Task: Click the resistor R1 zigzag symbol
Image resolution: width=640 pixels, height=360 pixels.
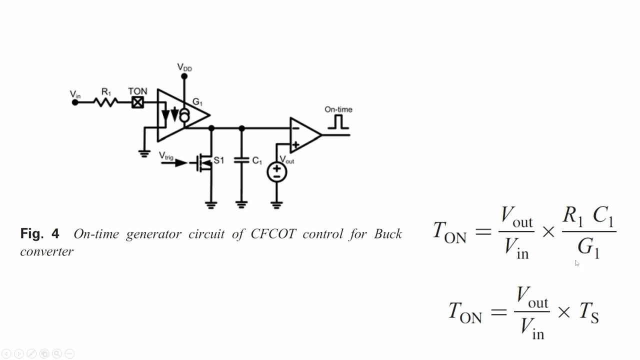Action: coord(105,102)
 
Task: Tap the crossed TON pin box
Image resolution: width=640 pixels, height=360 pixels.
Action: coord(137,102)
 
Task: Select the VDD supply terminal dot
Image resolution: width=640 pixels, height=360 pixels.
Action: coord(184,76)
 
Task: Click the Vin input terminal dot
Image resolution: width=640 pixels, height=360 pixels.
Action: coord(75,102)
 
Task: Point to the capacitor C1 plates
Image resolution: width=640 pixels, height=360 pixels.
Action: coord(241,160)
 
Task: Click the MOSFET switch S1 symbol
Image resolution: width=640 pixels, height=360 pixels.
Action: coord(204,163)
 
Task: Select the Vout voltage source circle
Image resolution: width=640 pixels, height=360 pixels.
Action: coord(276,172)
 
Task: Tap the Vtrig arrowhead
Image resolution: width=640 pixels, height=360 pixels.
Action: coord(181,163)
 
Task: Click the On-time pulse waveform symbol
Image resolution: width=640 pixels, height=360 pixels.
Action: coord(338,122)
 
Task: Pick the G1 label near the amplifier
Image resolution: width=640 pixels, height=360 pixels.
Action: coord(197,101)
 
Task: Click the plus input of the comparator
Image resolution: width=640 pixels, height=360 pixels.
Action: coord(295,144)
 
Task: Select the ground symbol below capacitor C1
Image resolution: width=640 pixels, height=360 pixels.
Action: coord(241,205)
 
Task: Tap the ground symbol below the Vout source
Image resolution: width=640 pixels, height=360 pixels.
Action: coord(276,205)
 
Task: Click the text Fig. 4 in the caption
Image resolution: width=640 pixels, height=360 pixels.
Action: coord(39,233)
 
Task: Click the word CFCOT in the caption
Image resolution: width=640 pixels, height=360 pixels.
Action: coord(273,234)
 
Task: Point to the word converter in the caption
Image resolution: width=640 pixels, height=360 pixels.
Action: coord(47,251)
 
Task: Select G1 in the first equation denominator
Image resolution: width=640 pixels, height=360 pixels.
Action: coord(588,248)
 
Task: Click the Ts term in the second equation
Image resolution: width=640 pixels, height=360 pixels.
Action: coord(589,312)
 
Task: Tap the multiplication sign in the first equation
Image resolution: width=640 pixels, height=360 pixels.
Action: coord(548,231)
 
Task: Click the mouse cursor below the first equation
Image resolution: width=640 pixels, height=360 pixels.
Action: coord(577,263)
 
